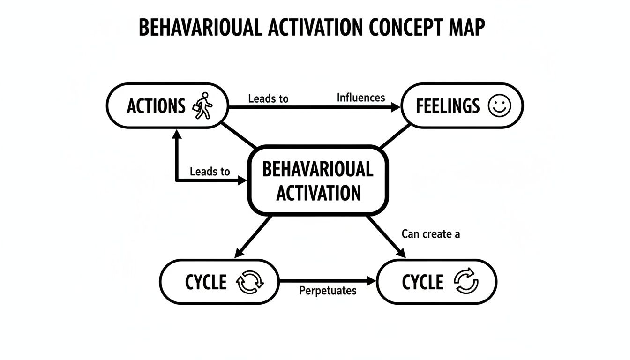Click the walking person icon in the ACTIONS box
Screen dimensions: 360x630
(x=202, y=106)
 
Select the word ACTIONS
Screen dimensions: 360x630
(x=156, y=106)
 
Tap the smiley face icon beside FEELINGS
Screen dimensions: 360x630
(x=498, y=106)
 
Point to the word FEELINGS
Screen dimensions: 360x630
(x=448, y=106)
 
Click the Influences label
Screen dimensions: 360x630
(x=360, y=97)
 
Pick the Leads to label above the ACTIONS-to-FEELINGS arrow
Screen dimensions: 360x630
(x=268, y=98)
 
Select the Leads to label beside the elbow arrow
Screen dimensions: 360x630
(x=210, y=172)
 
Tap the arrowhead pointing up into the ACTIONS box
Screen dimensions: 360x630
(x=177, y=134)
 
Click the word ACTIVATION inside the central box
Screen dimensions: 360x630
(x=318, y=192)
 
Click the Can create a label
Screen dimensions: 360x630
(x=430, y=234)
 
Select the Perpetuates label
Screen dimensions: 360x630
(x=327, y=291)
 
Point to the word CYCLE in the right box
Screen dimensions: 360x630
(x=422, y=283)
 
